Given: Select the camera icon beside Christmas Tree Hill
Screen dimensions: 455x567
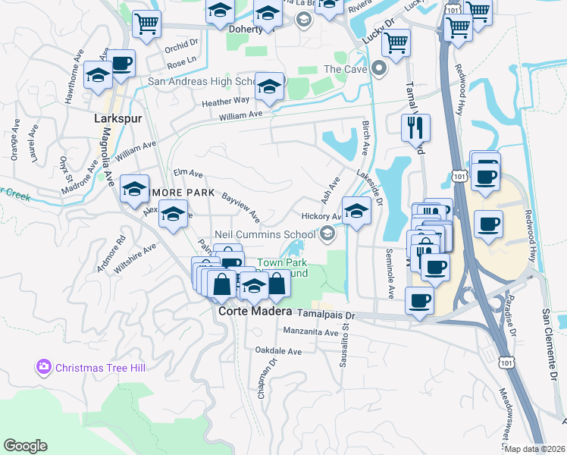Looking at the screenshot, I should click(43, 367).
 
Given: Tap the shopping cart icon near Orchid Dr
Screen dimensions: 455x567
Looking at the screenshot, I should click(146, 23).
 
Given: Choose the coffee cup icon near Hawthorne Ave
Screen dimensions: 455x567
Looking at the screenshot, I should click(121, 64).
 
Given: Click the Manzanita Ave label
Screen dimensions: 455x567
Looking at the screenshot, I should click(310, 332).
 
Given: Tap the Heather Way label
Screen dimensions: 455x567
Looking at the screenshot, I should click(225, 99).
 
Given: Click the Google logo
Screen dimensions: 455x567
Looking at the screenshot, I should click(25, 445).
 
